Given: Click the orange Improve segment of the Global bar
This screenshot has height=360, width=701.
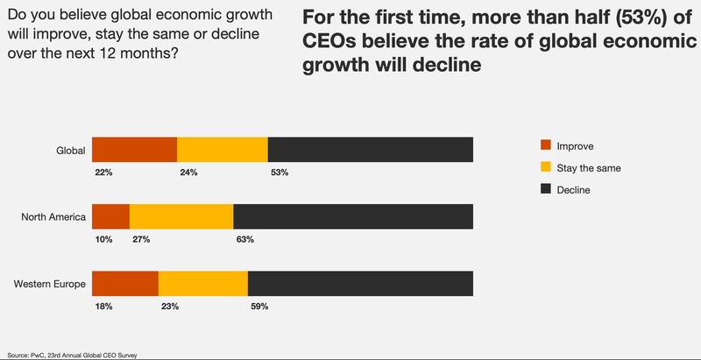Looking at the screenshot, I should pyautogui.click(x=134, y=150).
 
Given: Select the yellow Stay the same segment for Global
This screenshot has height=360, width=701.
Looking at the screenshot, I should pyautogui.click(x=223, y=150).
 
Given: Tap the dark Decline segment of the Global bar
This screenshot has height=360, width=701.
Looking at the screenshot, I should pyautogui.click(x=371, y=150).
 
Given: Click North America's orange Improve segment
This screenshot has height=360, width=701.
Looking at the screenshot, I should pyautogui.click(x=110, y=216).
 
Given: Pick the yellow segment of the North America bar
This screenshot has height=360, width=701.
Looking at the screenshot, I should pyautogui.click(x=181, y=216).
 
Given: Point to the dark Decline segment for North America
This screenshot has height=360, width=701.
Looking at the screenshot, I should pyautogui.click(x=353, y=216).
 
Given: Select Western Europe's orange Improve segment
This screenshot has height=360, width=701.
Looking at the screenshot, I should pyautogui.click(x=124, y=284).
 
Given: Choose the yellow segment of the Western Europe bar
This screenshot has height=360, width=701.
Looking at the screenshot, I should pyautogui.click(x=203, y=284).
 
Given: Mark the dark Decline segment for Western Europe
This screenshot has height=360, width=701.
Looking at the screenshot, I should pyautogui.click(x=360, y=284).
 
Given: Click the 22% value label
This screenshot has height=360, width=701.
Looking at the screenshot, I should pyautogui.click(x=103, y=173).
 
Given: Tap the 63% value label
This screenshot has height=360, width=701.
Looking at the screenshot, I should pyautogui.click(x=245, y=239).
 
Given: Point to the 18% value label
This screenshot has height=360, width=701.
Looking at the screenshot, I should pyautogui.click(x=103, y=307).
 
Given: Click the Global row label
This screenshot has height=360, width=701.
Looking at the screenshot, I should pyautogui.click(x=70, y=151).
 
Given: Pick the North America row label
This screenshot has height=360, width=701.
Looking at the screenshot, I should pyautogui.click(x=53, y=217).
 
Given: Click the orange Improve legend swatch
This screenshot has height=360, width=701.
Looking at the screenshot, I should pyautogui.click(x=546, y=145).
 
